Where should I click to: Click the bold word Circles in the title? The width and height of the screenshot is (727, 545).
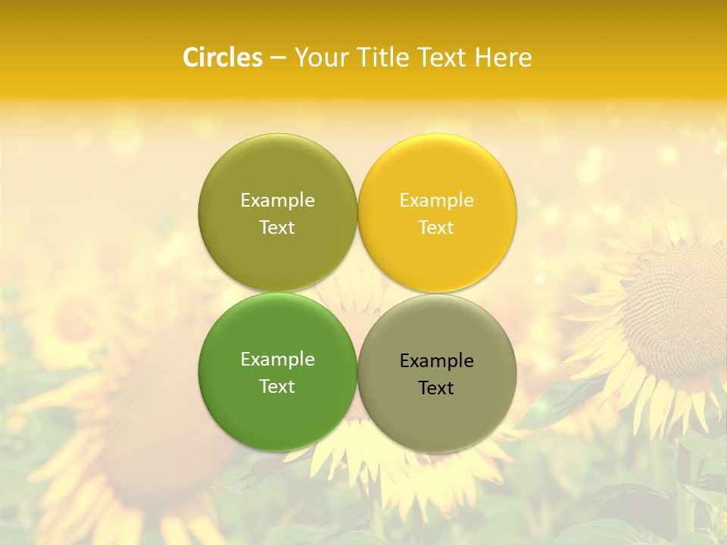(222, 58)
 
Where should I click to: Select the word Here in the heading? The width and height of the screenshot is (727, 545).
(503, 58)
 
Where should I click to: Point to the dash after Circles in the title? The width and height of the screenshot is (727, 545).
(278, 58)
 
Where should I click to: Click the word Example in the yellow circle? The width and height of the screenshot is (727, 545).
(437, 200)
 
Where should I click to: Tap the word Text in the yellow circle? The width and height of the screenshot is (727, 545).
(436, 227)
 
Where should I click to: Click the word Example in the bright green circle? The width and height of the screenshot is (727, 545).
(277, 360)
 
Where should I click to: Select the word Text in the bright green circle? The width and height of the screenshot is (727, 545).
(277, 386)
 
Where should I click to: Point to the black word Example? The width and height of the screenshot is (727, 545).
(437, 361)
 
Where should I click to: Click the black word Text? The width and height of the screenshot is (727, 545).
(436, 388)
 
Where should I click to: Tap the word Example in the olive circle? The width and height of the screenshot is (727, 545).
(277, 200)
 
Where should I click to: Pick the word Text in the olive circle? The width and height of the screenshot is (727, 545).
(277, 227)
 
